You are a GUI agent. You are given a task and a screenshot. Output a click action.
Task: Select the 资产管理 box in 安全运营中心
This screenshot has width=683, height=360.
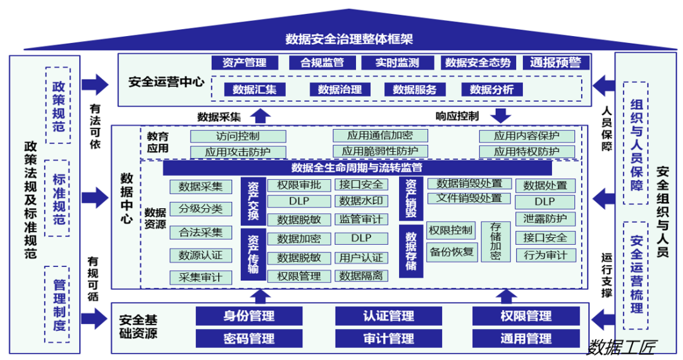point(244,63)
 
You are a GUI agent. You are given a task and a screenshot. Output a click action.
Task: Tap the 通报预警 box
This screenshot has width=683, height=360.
point(556,63)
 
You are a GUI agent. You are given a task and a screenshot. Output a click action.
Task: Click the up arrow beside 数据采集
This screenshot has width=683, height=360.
point(261,115)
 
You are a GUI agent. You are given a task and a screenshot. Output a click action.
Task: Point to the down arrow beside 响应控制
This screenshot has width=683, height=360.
point(501,115)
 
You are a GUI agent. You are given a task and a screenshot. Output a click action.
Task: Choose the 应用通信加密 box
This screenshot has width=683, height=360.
point(380,136)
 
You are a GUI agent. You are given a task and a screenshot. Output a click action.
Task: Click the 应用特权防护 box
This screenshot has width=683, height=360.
point(526,152)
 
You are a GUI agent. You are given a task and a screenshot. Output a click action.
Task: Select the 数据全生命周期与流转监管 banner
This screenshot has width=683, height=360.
point(357,168)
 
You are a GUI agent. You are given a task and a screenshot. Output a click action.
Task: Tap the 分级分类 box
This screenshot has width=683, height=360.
point(200,209)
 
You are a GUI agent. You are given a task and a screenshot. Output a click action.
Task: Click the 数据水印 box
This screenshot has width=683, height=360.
point(360,202)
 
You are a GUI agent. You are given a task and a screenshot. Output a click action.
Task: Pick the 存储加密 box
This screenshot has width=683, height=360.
point(495,241)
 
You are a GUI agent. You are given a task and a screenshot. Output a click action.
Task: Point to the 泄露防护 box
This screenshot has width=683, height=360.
point(545,220)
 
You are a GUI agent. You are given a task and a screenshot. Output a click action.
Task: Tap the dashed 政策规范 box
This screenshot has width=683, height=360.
point(58,106)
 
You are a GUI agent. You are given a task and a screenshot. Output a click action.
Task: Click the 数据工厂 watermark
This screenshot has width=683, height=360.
point(621,347)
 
